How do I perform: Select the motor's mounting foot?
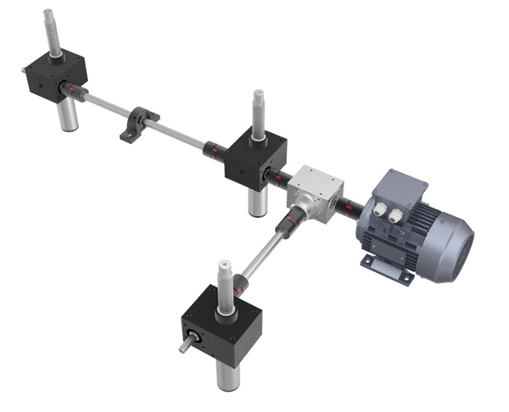tap(380, 262)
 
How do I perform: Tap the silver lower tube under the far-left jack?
tap(67, 114)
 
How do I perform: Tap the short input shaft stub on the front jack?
tap(186, 346)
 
